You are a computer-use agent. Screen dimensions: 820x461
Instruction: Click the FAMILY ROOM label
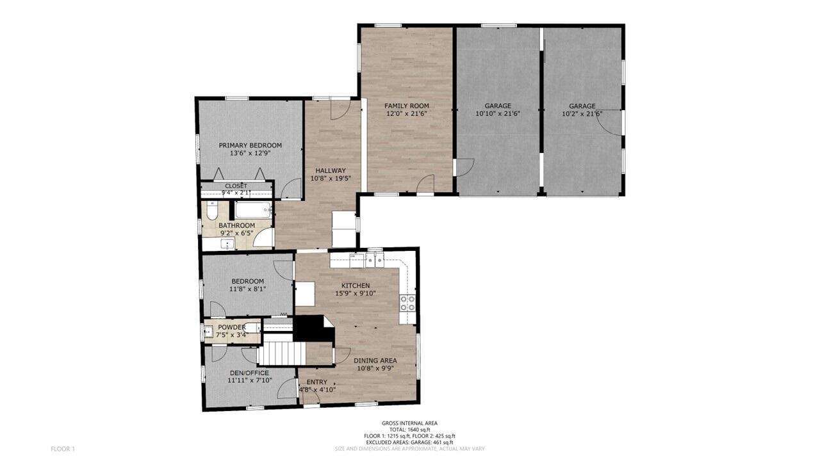click(406, 106)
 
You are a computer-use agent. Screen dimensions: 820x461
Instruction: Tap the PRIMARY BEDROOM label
click(250, 145)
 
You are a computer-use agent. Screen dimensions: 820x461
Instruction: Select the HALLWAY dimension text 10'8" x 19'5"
click(331, 179)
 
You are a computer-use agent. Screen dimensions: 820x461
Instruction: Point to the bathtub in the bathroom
click(253, 210)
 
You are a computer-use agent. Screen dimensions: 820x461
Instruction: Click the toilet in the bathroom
click(212, 211)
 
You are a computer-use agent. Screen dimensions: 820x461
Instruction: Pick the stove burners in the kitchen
click(407, 303)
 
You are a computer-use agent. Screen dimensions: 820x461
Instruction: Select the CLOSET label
click(236, 186)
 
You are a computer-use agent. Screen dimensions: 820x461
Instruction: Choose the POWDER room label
click(232, 327)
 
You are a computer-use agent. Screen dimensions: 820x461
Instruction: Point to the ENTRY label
click(316, 382)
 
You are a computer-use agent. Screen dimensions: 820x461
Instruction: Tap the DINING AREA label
click(375, 360)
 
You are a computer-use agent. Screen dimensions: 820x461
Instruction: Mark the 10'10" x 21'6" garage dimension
click(498, 114)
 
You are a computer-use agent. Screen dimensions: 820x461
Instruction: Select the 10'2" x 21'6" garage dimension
click(582, 114)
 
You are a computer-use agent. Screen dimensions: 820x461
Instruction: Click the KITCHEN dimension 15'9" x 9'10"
click(356, 293)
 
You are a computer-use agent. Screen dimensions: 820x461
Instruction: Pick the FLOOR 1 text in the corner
click(63, 449)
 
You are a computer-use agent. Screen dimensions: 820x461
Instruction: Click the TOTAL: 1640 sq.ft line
click(409, 430)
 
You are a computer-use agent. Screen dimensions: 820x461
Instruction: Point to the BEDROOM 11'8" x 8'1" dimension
click(247, 289)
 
